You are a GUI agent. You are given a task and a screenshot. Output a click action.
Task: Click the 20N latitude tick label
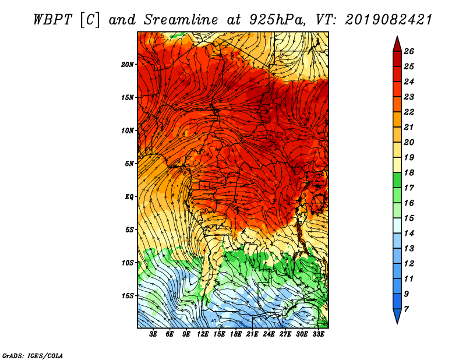[128, 64]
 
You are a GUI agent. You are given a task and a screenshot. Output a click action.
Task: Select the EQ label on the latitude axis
[129, 197]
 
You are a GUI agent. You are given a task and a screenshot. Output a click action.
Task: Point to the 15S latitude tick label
[128, 296]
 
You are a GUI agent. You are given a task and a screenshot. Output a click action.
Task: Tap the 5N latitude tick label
[129, 164]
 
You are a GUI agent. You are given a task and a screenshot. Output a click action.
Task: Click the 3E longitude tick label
[154, 334]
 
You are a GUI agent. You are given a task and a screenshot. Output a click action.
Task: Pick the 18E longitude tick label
[236, 334]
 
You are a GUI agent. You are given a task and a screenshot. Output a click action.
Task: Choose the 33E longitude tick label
[318, 334]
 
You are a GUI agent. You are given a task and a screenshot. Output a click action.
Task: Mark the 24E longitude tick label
[269, 334]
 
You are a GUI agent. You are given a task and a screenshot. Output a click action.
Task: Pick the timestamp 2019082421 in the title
[388, 19]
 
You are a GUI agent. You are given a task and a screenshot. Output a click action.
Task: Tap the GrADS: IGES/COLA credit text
[33, 355]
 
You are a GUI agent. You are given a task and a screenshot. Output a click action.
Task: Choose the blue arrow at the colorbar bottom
[397, 317]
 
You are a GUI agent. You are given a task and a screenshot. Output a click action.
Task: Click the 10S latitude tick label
[128, 263]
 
